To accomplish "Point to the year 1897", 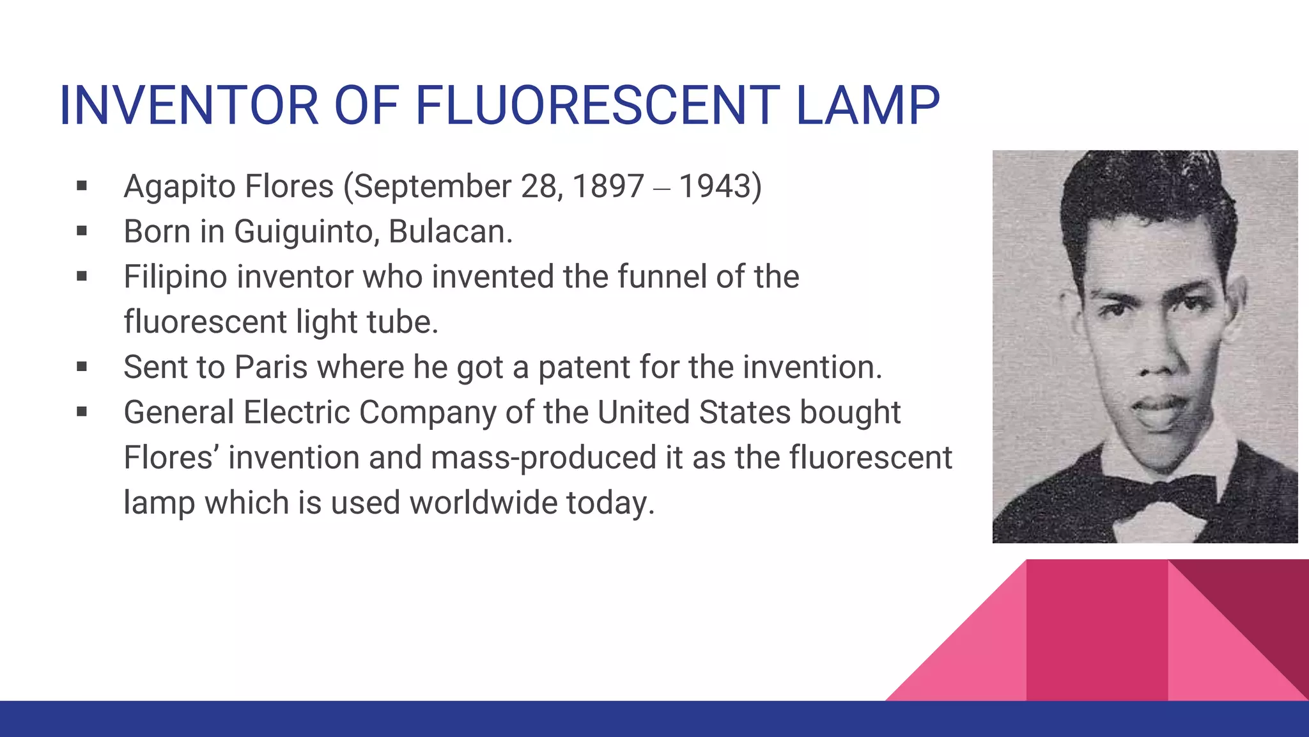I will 608,187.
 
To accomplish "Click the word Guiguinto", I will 302,232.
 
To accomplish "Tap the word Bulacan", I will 450,232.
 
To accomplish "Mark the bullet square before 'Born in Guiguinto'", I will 82,231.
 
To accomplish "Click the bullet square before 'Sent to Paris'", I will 82,367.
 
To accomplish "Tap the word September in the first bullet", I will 433,187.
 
